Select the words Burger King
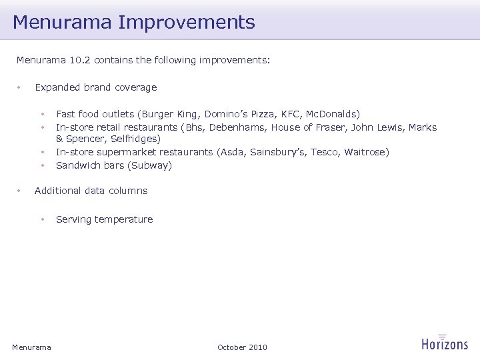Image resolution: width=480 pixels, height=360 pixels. [x=179, y=115]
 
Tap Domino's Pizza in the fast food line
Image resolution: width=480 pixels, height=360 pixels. [x=237, y=115]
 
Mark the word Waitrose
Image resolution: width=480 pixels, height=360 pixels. [x=365, y=153]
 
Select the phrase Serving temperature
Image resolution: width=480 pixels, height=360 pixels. [x=104, y=219]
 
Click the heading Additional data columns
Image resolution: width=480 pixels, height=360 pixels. [x=91, y=191]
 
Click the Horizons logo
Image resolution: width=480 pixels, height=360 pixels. [x=445, y=343]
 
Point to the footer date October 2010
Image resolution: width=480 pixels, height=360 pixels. [x=242, y=347]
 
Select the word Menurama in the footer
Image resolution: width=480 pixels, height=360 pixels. [x=31, y=347]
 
